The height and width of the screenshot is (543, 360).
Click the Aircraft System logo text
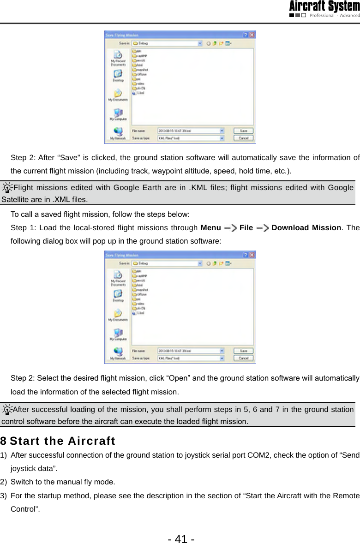coord(324,6)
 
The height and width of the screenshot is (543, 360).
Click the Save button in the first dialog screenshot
coord(244,130)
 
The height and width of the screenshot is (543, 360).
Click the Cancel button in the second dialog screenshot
coord(244,358)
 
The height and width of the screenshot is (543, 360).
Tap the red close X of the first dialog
coord(252,35)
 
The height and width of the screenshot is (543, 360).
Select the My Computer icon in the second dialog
coord(118,334)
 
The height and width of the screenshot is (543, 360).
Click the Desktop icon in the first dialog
coord(118,76)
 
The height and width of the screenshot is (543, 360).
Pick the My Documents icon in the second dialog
coord(118,315)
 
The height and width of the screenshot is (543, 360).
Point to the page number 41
coord(181,526)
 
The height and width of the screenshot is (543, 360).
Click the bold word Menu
coord(210,228)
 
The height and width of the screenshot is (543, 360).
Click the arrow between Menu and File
coord(230,228)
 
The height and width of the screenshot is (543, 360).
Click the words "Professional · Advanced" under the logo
coord(334,16)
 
